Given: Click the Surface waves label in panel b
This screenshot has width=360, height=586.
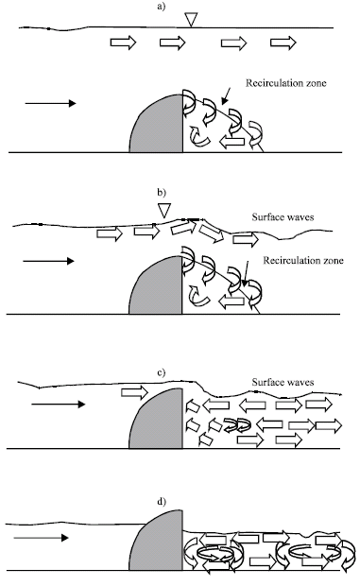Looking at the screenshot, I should coord(283,216).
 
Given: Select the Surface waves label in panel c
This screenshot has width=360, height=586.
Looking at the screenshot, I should coord(283,384).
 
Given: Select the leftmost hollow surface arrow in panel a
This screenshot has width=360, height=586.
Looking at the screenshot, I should coord(124,43).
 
